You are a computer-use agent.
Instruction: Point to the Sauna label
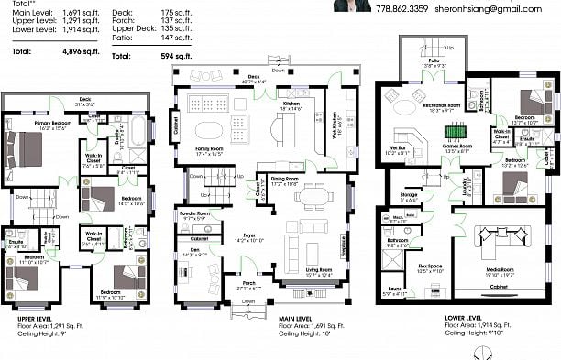tap(393, 292)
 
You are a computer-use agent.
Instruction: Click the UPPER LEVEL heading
tap(35, 318)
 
